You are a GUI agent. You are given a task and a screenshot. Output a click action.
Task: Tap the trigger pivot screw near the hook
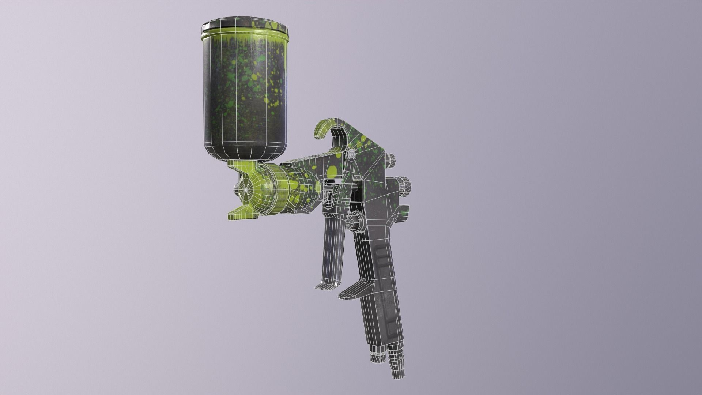click(x=352, y=154)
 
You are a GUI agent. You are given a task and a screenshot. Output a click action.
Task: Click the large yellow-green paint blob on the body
click(x=332, y=171)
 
